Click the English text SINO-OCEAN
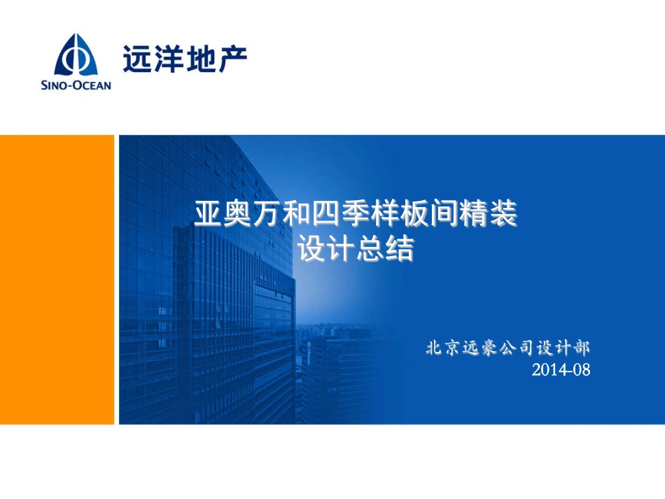tap(76, 85)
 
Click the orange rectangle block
tap(57, 279)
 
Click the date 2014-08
tap(561, 370)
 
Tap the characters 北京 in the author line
tap(444, 348)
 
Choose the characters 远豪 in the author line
tap(479, 348)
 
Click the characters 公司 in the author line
tap(516, 348)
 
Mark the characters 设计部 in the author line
tap(563, 348)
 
